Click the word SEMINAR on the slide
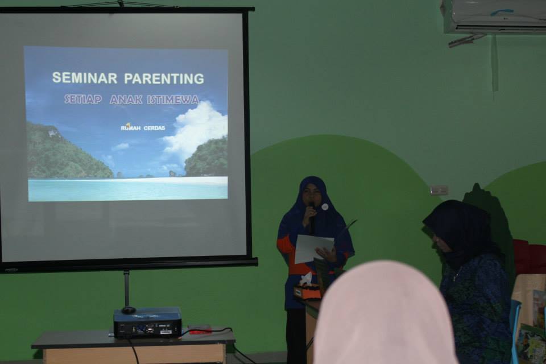[85, 78]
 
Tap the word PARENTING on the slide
[164, 78]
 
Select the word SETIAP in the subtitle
[83, 100]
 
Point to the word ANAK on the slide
[126, 100]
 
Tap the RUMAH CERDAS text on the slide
[143, 128]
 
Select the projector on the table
[147, 322]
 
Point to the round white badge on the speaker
[325, 207]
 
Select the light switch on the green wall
[439, 190]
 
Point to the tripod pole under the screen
[126, 289]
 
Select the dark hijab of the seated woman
[460, 233]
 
